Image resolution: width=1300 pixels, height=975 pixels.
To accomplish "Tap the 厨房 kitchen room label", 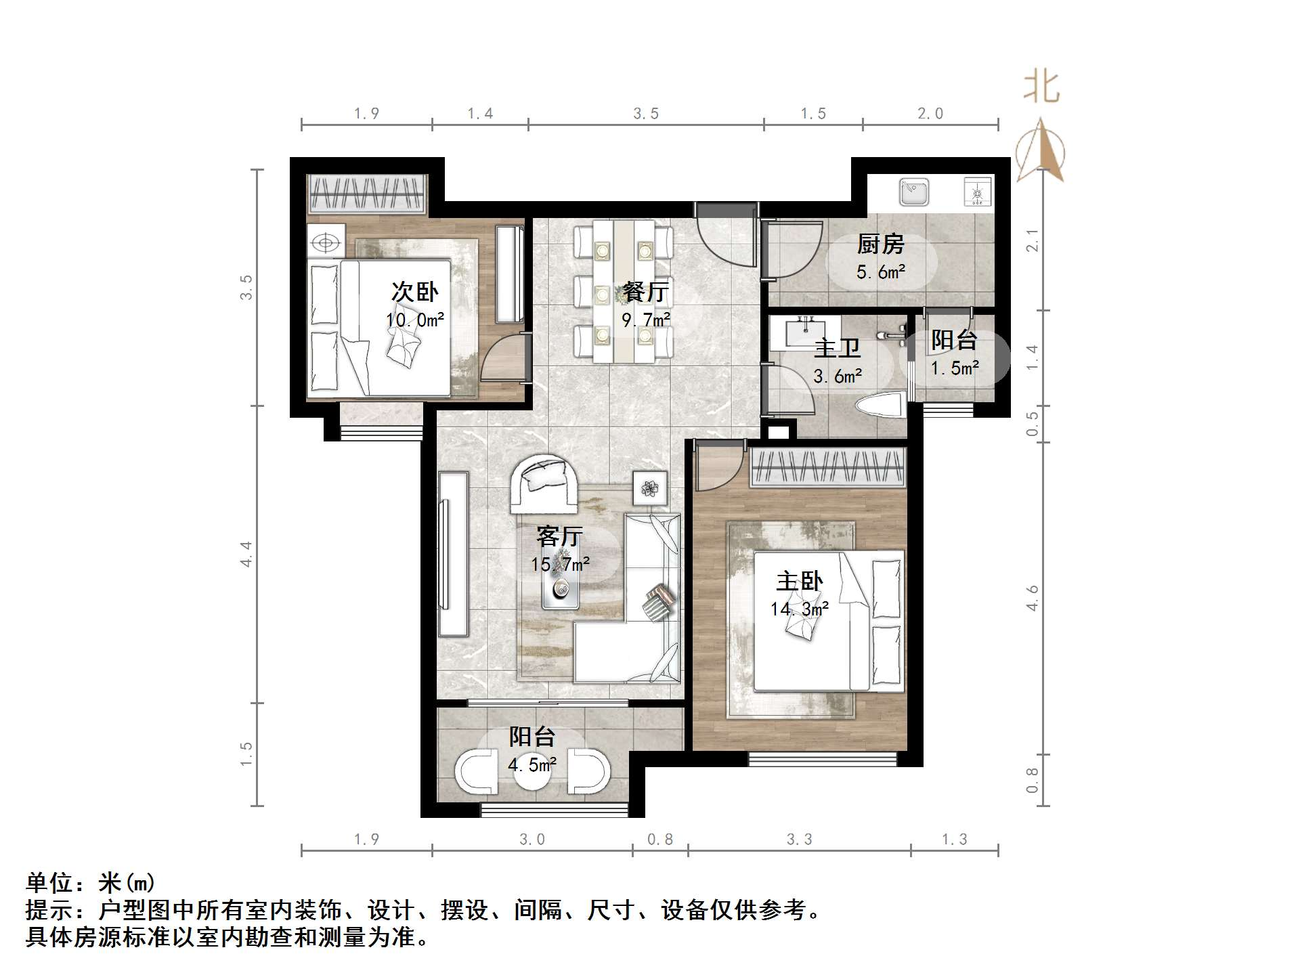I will point(880,244).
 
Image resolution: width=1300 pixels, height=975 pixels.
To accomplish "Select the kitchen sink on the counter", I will point(914,192).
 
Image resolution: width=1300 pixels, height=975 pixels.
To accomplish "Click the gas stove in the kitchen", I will point(977,192).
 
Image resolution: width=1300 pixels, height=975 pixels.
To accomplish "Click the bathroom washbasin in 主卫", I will point(805,331).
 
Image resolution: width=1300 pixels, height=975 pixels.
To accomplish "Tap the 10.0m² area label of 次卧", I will point(415,320).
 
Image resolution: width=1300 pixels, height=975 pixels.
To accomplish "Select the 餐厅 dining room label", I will point(646,292).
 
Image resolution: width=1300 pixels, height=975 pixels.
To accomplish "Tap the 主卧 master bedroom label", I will point(800,581).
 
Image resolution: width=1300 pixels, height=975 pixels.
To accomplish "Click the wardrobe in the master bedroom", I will point(827,467).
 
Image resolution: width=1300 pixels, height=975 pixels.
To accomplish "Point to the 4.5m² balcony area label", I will point(532,765).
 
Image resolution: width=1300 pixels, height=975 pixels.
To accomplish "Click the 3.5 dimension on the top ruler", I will point(646,114).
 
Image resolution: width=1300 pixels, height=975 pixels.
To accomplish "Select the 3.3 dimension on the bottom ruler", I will point(799,840).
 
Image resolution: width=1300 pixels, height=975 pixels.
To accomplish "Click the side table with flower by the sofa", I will point(650,488).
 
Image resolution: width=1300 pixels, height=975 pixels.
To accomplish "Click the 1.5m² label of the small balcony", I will point(955,368).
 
